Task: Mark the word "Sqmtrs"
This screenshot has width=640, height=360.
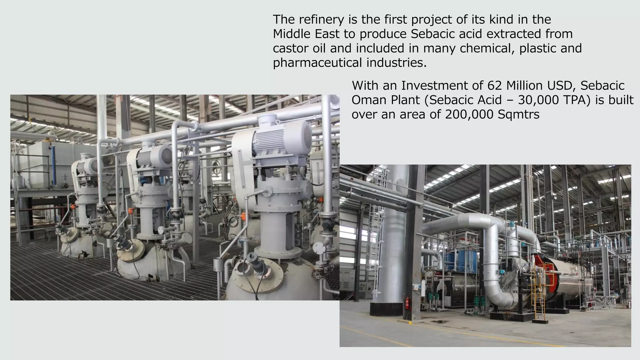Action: coord(518,114)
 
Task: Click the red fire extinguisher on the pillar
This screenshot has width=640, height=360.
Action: coord(407,303)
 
